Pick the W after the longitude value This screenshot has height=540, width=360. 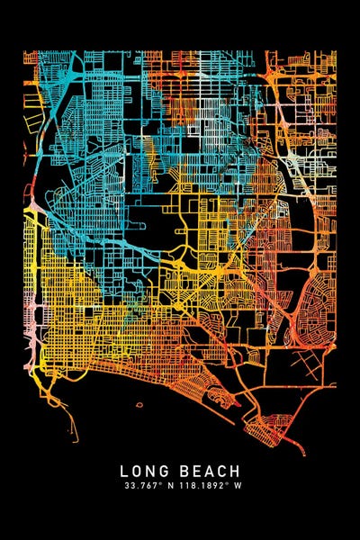click(x=238, y=486)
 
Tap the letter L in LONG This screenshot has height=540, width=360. click(x=123, y=471)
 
